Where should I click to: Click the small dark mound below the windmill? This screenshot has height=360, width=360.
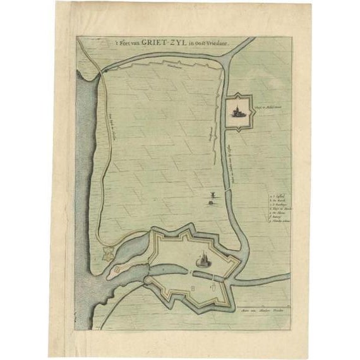click(x=209, y=202)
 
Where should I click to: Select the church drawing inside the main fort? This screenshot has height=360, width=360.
click(x=204, y=260)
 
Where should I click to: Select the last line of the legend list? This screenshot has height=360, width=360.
click(x=279, y=222)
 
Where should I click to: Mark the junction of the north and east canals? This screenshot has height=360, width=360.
click(x=228, y=59)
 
